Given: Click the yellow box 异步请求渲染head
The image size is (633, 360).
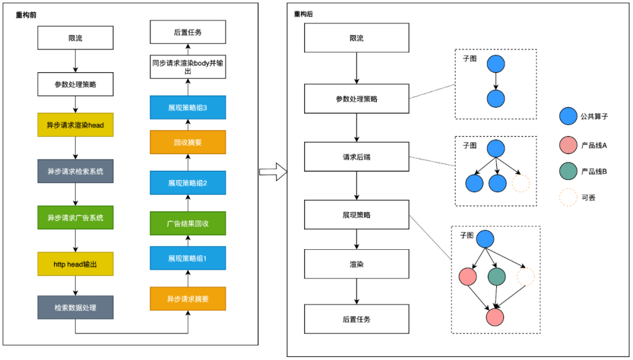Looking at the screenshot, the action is click(76, 125).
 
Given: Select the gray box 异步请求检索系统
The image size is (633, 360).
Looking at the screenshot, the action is click(76, 171).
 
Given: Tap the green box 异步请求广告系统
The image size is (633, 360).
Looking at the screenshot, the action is click(76, 218).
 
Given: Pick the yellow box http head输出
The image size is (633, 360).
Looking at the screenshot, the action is click(76, 264).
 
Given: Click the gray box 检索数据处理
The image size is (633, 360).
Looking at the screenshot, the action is click(76, 307).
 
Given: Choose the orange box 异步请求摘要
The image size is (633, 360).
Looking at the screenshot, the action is click(188, 298).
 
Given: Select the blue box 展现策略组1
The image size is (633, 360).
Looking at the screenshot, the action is click(188, 258).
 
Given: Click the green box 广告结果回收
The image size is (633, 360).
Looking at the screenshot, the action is click(188, 223).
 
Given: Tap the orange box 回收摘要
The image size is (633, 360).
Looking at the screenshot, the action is click(188, 142).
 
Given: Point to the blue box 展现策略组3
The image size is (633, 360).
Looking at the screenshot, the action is click(188, 107).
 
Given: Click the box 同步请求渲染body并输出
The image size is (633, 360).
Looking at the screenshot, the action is click(188, 67).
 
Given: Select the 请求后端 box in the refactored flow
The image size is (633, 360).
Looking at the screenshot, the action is click(356, 157).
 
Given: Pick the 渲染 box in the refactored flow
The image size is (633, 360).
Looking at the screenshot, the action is click(356, 264).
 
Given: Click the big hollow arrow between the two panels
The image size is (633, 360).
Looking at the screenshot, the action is click(273, 172).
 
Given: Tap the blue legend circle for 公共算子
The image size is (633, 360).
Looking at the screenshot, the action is click(568, 116).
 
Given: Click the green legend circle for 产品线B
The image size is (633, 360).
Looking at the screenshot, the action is click(568, 171).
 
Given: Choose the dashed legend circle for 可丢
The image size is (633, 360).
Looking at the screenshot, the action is click(568, 197).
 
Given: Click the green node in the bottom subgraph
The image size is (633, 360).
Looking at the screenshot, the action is click(496, 277).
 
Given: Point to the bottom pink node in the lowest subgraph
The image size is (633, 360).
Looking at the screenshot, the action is click(495, 317).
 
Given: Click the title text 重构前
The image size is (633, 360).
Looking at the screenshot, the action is click(26, 15).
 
